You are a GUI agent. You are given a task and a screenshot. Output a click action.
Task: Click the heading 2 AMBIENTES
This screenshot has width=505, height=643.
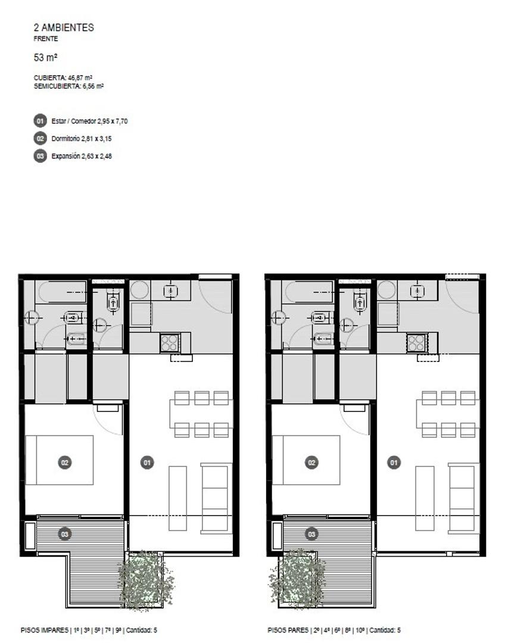(64, 27)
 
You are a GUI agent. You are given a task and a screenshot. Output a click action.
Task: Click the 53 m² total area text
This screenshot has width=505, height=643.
(45, 57)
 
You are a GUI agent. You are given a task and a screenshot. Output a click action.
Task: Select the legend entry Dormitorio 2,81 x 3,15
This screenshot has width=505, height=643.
(81, 139)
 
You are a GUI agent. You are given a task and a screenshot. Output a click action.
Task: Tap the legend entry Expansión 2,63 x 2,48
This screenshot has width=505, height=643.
(81, 156)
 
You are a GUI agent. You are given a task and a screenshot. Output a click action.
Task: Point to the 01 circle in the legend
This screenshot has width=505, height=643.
(40, 121)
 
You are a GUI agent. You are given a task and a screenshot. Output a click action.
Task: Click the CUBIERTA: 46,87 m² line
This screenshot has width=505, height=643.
(63, 77)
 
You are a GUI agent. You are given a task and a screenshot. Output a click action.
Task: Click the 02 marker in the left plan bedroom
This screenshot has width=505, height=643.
(65, 463)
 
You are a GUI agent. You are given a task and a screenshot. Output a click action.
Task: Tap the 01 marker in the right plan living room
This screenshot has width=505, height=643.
(394, 463)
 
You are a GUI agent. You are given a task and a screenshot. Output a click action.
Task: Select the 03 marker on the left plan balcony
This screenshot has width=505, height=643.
(65, 534)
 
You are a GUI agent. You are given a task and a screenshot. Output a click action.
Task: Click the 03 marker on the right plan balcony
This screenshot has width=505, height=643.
(311, 534)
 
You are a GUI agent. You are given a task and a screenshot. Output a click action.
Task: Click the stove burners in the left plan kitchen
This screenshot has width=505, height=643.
(170, 343)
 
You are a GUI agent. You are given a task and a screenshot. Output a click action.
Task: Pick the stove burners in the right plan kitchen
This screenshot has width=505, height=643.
(416, 343)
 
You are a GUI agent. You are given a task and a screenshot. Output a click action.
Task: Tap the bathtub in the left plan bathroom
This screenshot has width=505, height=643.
(63, 292)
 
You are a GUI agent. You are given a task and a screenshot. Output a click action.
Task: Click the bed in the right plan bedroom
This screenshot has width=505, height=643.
(306, 460)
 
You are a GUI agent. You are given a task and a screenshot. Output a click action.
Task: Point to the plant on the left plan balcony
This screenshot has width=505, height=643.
(146, 579)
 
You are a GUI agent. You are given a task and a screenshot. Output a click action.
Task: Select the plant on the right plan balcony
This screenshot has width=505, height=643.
(297, 578)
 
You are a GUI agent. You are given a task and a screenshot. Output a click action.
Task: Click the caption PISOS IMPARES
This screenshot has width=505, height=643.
(44, 630)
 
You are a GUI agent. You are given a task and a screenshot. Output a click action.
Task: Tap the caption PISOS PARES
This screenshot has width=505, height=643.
(288, 630)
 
